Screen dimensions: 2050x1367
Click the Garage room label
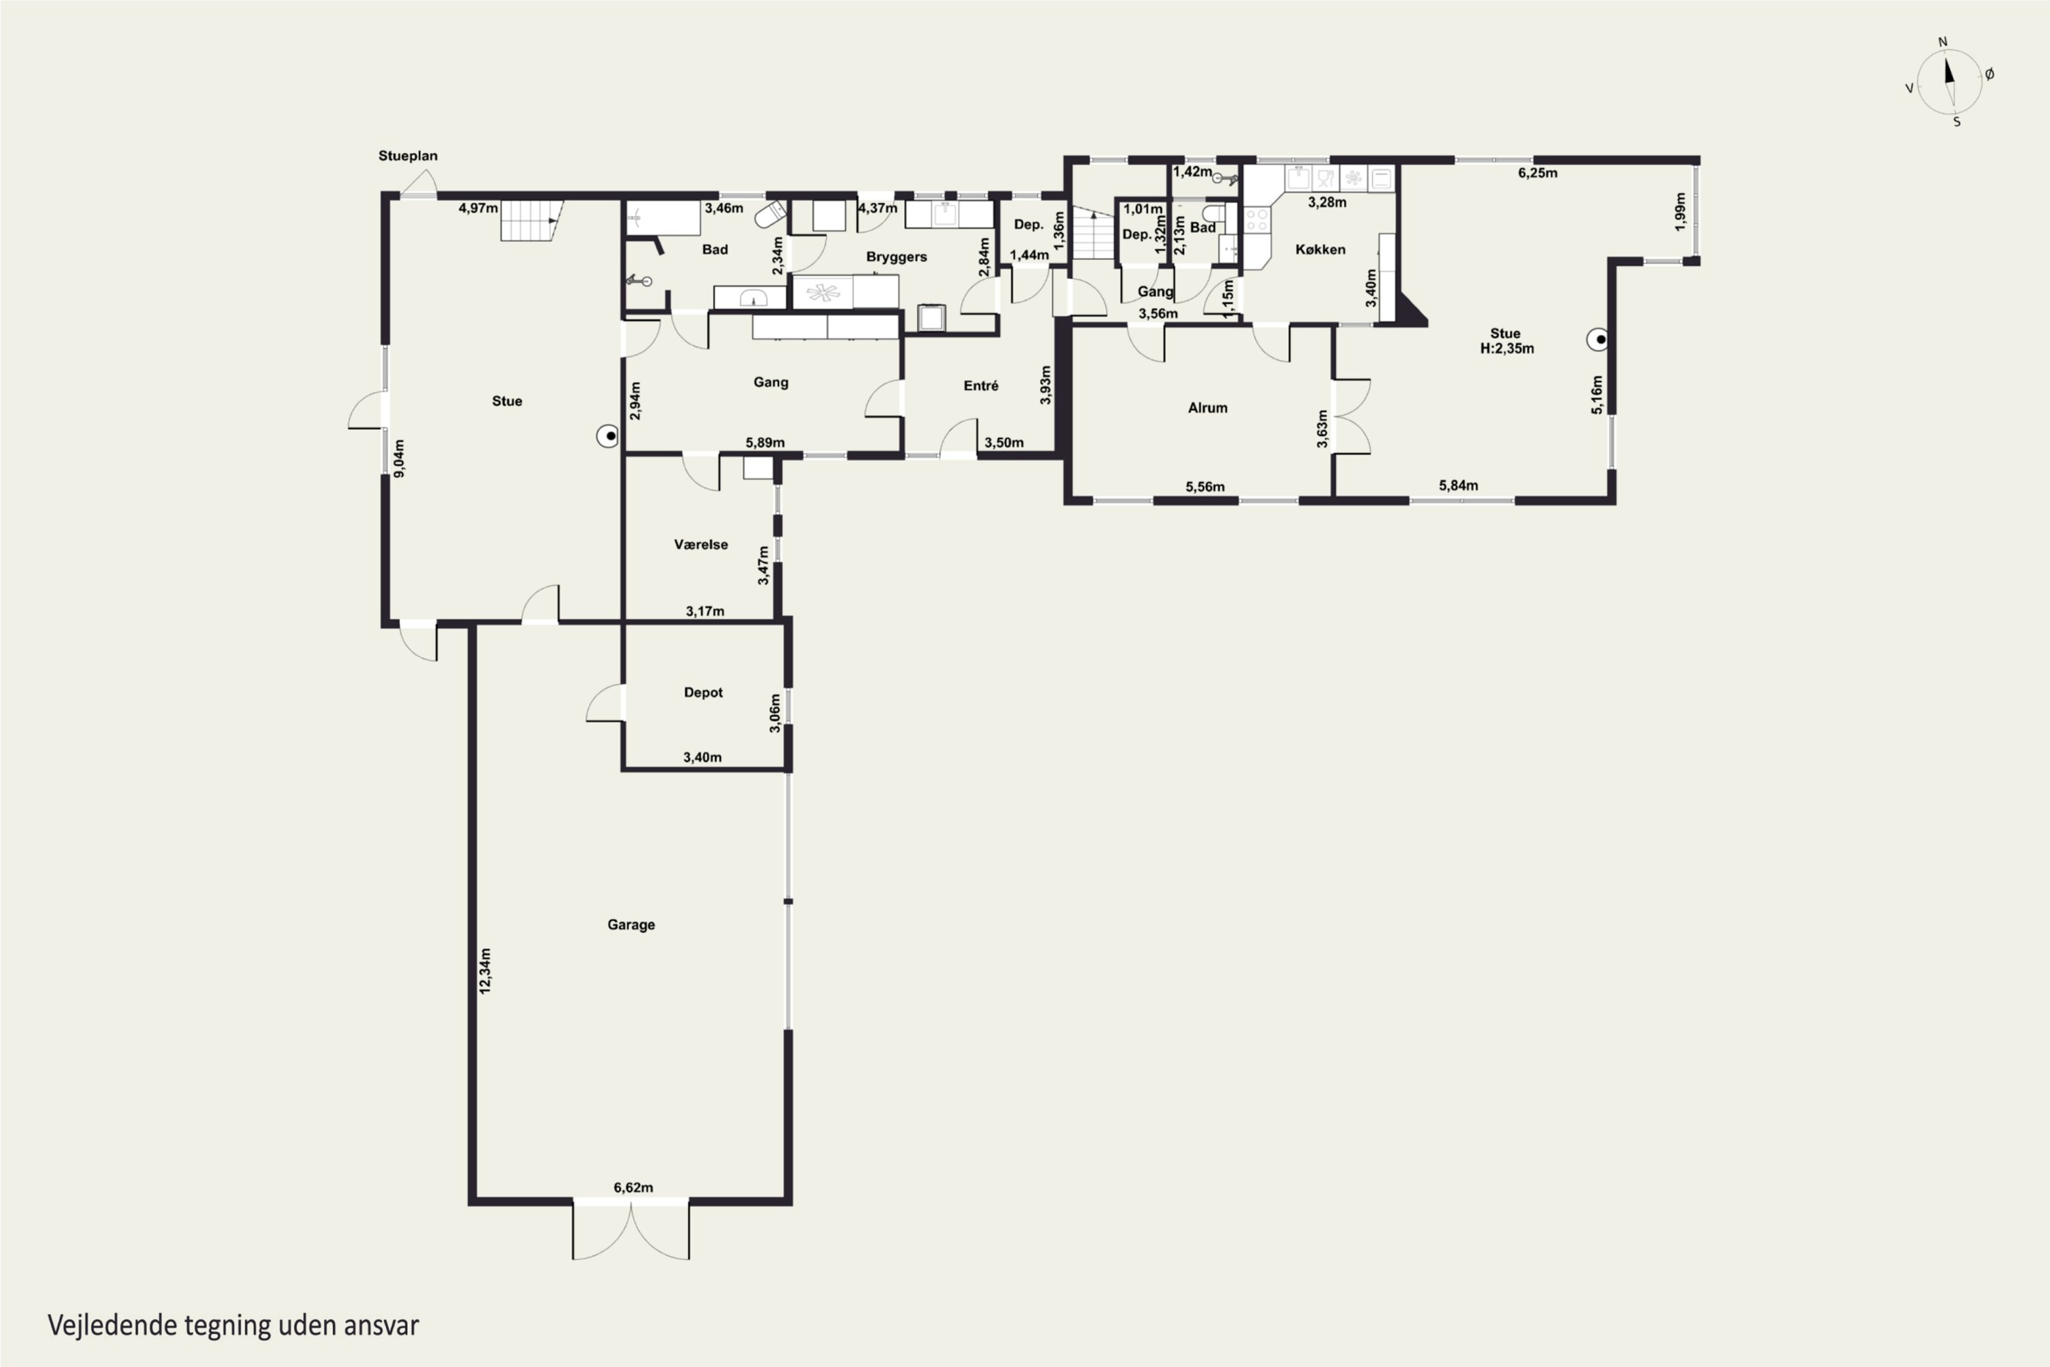tap(631, 924)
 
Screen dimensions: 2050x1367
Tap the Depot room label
tap(703, 693)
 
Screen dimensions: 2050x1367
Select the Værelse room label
tap(701, 545)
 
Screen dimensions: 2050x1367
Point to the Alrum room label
tap(1207, 407)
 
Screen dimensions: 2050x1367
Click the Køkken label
tap(1320, 249)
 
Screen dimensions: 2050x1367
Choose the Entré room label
tap(981, 385)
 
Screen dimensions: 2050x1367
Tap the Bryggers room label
tap(896, 257)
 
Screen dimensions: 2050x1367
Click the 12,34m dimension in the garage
tap(485, 971)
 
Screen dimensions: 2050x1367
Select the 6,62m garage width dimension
tap(633, 1187)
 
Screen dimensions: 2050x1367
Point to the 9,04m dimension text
tap(399, 459)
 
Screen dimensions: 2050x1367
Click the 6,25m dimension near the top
tap(1537, 173)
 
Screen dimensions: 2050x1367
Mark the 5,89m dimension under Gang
tap(765, 443)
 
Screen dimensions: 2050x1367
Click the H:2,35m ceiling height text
tap(1507, 349)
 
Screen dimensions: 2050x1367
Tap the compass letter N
tap(1943, 42)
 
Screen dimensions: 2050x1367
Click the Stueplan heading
tap(408, 156)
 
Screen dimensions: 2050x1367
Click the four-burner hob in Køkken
tap(1256, 219)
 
